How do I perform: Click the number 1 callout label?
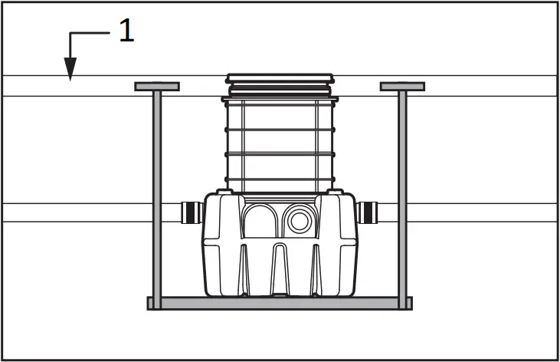pyautogui.click(x=126, y=31)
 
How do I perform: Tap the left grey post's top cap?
pyautogui.click(x=157, y=87)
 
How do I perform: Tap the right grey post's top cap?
pyautogui.click(x=402, y=87)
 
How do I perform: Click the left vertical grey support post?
pyautogui.click(x=157, y=192)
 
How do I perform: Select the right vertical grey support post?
pyautogui.click(x=402, y=192)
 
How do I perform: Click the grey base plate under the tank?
pyautogui.click(x=280, y=303)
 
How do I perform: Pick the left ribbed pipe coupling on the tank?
pyautogui.click(x=191, y=212)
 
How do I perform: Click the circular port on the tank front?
pyautogui.click(x=297, y=220)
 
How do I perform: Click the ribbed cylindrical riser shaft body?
pyautogui.click(x=280, y=142)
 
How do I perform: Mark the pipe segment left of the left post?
pyautogui.click(x=77, y=212)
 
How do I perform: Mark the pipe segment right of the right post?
pyautogui.click(x=483, y=212)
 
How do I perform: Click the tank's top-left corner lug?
pyautogui.click(x=224, y=193)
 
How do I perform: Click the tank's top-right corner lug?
pyautogui.click(x=334, y=193)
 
